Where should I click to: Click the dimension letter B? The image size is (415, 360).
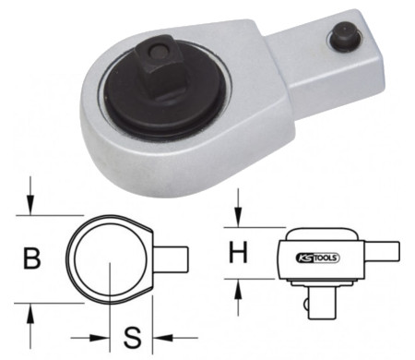(x=32, y=258)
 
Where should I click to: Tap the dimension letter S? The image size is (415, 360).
(x=132, y=338)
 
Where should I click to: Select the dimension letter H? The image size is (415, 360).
(x=238, y=252)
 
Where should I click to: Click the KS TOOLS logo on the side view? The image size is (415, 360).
(x=318, y=258)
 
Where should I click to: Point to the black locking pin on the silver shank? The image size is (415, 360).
(x=344, y=34)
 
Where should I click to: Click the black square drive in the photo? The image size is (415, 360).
(x=160, y=67)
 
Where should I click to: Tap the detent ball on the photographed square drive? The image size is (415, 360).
(x=157, y=51)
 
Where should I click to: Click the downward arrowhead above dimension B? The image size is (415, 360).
(x=30, y=204)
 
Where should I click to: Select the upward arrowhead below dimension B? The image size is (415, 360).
(x=30, y=314)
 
